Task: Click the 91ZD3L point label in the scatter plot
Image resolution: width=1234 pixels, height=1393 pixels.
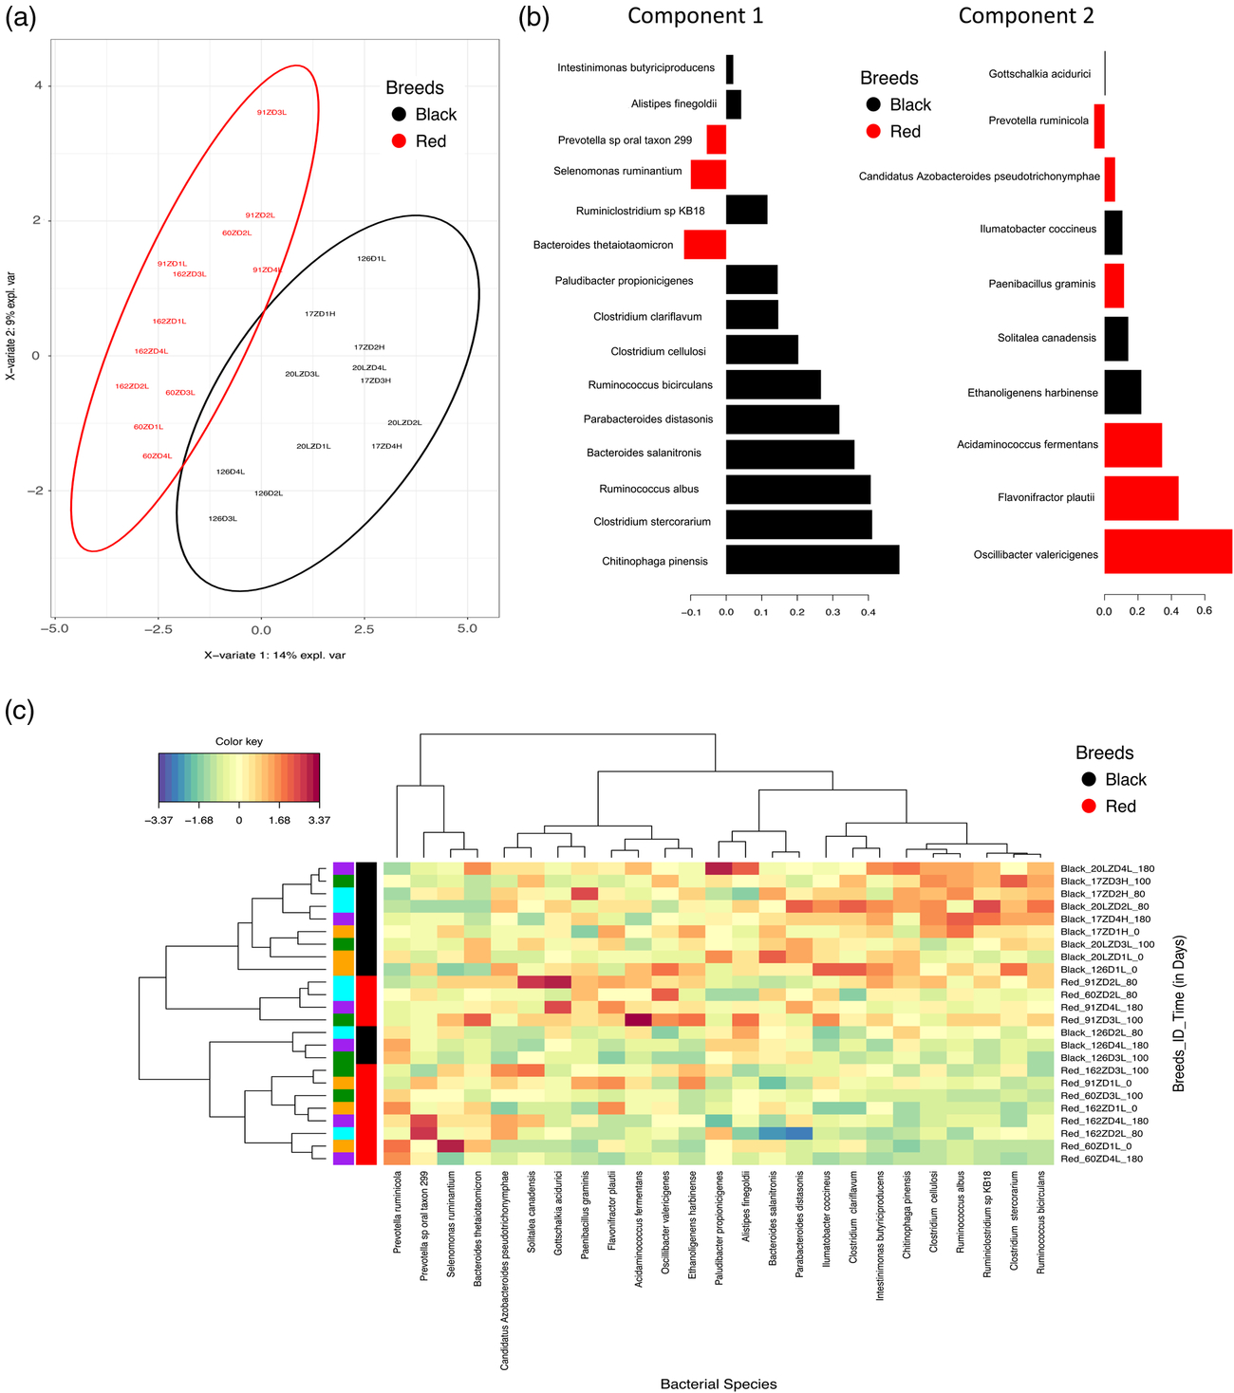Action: coord(271,112)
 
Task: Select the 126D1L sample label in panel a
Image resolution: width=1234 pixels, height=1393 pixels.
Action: coord(371,258)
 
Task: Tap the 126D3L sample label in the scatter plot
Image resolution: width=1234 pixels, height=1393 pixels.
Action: coord(222,518)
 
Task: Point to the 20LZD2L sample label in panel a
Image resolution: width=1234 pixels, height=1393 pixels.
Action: coord(404,422)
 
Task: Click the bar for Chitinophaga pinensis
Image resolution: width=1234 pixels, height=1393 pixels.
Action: coord(812,560)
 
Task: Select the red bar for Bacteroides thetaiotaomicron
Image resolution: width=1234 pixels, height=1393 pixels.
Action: coord(704,245)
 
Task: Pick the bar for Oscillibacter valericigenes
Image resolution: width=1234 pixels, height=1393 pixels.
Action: coord(1168,552)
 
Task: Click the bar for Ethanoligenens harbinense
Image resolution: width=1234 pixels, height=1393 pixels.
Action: coord(1122,392)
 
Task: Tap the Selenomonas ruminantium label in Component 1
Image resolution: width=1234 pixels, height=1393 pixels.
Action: coord(618,171)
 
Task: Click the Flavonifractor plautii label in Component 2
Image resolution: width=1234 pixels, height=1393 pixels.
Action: coord(1046,497)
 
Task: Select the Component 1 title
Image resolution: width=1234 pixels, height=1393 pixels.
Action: coord(695,16)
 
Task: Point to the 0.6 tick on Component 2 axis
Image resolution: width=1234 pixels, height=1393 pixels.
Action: coord(1204,612)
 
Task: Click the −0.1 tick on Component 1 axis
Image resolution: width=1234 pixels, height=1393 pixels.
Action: coord(690,612)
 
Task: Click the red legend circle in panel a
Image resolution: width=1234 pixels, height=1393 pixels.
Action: coord(400,141)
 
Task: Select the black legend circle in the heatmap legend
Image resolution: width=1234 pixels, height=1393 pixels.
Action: coord(1090,779)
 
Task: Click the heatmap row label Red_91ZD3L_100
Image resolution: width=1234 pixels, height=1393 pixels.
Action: coord(1100,1019)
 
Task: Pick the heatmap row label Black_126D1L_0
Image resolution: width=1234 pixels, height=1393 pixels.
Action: coord(1100,969)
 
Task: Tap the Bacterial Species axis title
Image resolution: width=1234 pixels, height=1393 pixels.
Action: coord(718,1384)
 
